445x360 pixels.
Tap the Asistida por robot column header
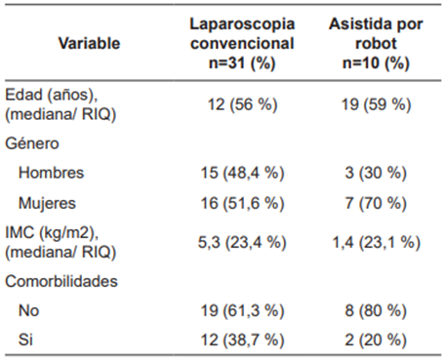(376, 44)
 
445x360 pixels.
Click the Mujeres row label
(48, 203)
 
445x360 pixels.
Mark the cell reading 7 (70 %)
(376, 203)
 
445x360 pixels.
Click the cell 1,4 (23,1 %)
(376, 242)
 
